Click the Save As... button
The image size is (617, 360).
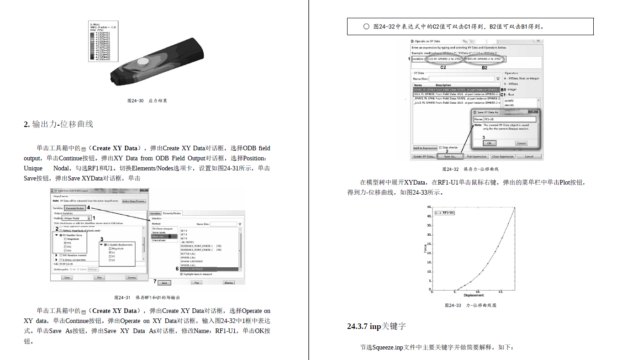pos(450,157)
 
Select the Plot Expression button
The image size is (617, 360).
pos(476,157)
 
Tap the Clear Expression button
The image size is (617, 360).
pos(503,157)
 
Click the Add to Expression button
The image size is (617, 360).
pos(425,148)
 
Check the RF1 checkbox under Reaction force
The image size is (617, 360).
pos(66,243)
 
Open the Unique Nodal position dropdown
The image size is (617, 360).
pos(77,218)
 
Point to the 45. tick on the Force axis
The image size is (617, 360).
pos(428,207)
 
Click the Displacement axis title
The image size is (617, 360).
pos(473,295)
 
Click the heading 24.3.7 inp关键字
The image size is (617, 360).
pos(376,326)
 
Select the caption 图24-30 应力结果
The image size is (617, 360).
pos(147,101)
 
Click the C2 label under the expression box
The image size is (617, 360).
pos(443,67)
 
